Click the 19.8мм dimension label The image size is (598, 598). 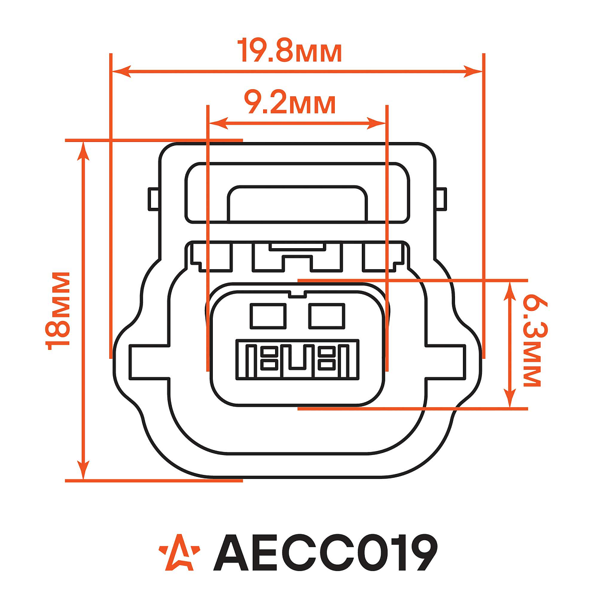[291, 51]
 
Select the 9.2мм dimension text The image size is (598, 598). [290, 103]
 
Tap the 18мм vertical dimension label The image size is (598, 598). [57, 310]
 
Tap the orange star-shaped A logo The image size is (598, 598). [179, 553]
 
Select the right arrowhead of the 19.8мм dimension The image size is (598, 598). [473, 71]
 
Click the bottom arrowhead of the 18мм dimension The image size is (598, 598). [84, 470]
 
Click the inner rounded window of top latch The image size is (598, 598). [297, 204]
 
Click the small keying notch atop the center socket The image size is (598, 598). [297, 294]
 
